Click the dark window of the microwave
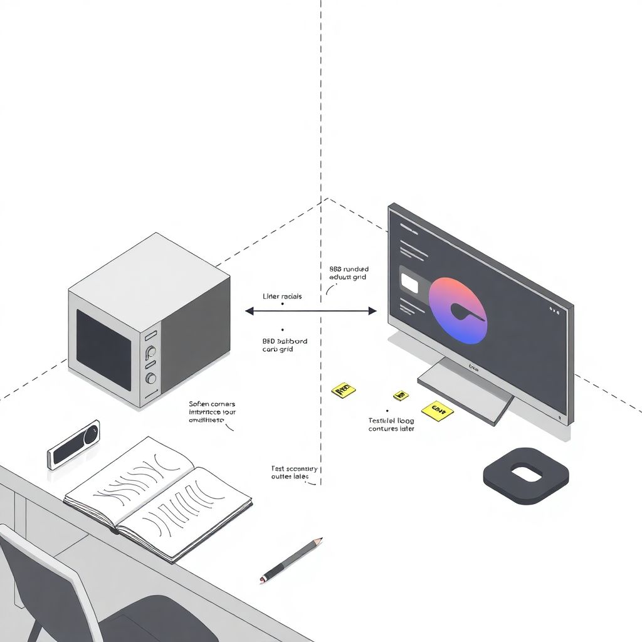coord(104,349)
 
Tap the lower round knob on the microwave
coord(151,378)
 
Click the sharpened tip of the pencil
coord(320,539)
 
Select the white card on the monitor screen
coord(409,283)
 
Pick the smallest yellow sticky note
coord(400,396)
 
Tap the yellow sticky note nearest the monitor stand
coord(438,411)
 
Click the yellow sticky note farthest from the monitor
coord(343,391)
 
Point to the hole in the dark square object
coord(525,473)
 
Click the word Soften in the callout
coord(200,404)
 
